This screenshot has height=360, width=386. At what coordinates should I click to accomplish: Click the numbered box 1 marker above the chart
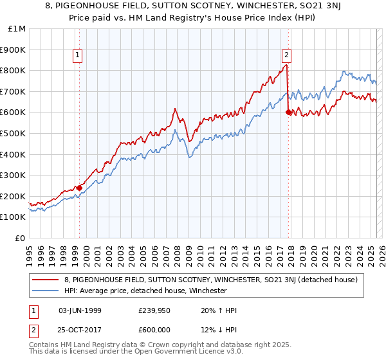(77, 55)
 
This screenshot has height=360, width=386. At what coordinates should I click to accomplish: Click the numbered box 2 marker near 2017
(286, 55)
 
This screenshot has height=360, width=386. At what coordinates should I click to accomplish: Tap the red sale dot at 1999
(80, 188)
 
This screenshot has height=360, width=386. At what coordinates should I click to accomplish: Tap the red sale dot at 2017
(288, 112)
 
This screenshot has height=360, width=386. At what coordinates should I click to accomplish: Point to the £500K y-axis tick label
(13, 134)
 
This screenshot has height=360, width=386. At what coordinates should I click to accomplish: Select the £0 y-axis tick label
(21, 238)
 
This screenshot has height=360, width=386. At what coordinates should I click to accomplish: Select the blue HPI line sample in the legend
(46, 291)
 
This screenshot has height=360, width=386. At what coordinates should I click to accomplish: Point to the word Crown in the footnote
(163, 346)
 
